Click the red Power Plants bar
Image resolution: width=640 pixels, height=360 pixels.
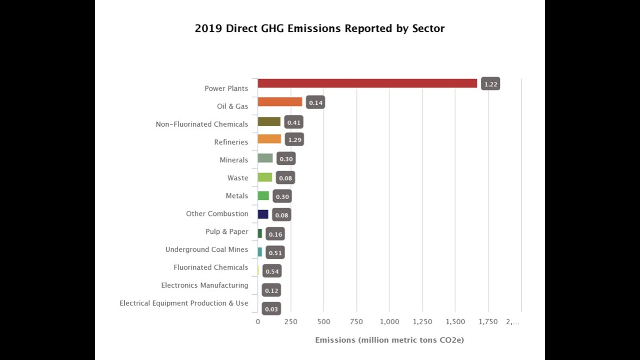tap(367, 83)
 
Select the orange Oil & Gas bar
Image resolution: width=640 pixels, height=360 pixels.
tap(280, 102)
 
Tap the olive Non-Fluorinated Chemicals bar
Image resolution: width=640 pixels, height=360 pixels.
tap(269, 122)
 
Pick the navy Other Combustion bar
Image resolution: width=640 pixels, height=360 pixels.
tap(263, 214)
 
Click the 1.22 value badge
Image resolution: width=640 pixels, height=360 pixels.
tap(490, 84)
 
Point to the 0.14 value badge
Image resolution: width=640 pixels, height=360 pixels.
tap(315, 103)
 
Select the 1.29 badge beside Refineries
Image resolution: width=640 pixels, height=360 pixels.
tap(294, 140)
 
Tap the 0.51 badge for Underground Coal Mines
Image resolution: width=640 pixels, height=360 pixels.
tap(275, 253)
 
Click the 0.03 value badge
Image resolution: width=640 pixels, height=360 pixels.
tap(271, 309)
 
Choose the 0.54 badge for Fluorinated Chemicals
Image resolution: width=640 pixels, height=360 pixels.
tap(272, 271)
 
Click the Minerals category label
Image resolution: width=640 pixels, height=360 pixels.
tap(234, 160)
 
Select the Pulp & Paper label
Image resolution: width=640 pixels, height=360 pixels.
tap(227, 231)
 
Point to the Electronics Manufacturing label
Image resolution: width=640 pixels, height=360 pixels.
tap(205, 285)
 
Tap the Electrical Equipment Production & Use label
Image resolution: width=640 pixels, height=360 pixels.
tap(184, 303)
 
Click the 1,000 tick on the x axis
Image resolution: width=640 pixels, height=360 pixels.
tap(389, 322)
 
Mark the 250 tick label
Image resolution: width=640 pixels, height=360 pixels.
tap(291, 322)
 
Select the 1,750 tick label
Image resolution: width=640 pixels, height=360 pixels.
tap(488, 322)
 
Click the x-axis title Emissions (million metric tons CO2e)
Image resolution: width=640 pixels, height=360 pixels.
tap(389, 340)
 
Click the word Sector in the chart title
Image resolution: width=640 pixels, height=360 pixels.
tap(428, 29)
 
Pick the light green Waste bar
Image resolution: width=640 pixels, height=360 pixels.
tap(265, 177)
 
